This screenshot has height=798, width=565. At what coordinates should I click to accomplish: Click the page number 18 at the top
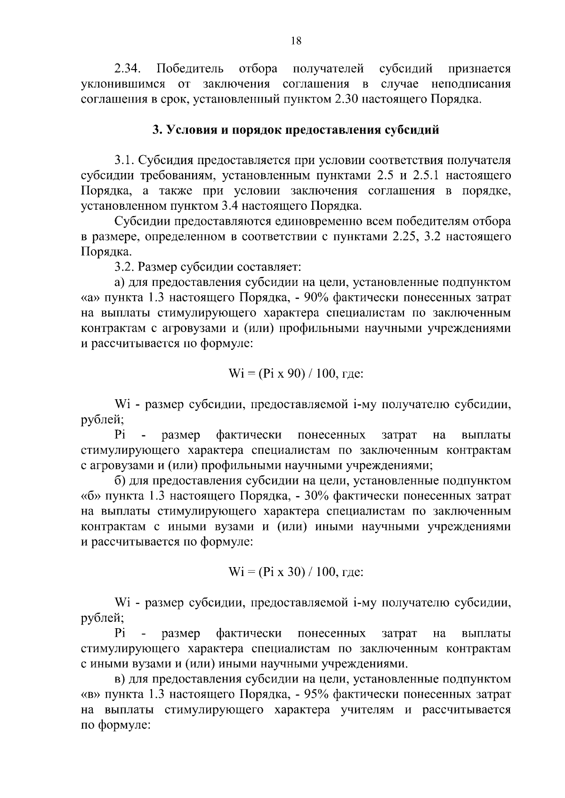[296, 40]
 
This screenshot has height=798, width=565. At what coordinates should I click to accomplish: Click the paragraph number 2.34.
[128, 69]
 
